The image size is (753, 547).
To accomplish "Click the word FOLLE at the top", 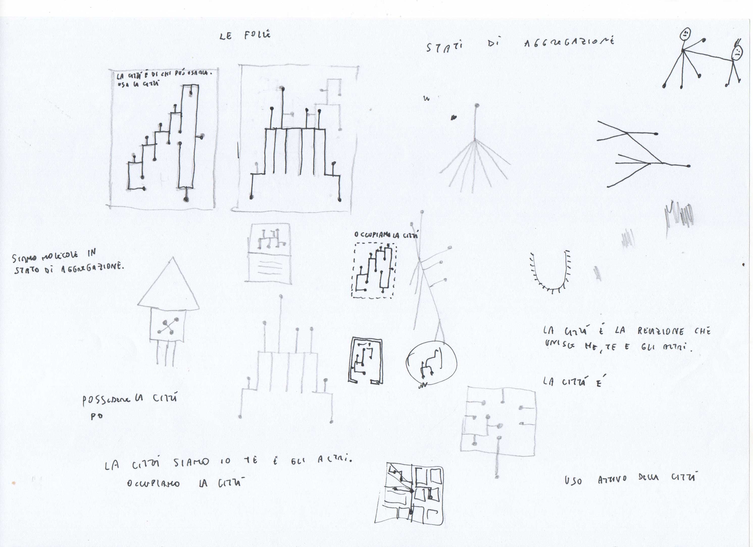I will point(257,35).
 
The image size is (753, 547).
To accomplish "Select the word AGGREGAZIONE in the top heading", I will point(569,42).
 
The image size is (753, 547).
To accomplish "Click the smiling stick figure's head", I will point(686,33).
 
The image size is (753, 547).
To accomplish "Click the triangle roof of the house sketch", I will point(169,287).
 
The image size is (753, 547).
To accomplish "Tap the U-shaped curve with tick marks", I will point(550,272).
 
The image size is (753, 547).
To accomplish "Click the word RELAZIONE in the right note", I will point(661,331).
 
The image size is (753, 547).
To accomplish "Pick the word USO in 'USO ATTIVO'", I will point(573,480).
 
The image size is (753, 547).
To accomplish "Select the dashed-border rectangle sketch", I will point(374,270).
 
